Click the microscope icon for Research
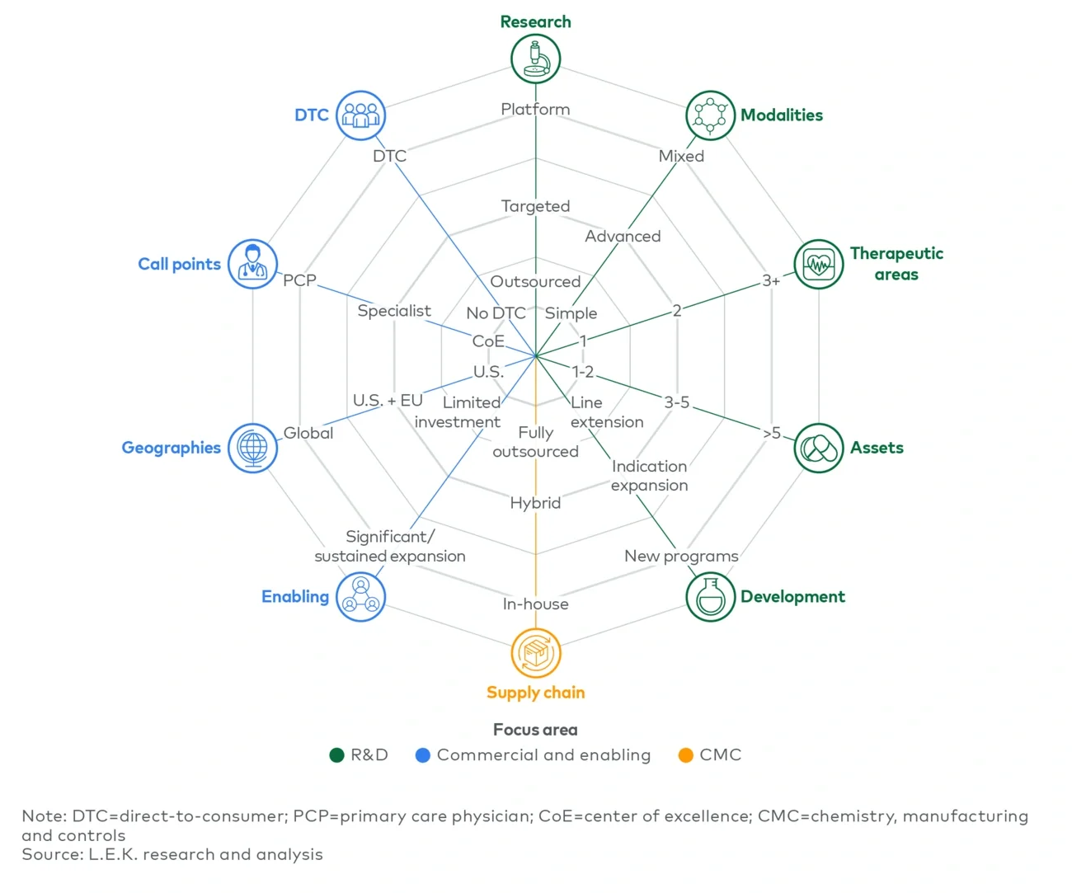click(535, 59)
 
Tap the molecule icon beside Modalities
click(710, 115)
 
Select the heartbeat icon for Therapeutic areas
click(818, 265)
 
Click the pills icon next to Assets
click(818, 448)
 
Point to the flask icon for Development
click(710, 597)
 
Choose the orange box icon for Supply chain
click(535, 653)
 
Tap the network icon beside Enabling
click(361, 597)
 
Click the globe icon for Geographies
click(252, 448)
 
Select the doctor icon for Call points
click(252, 265)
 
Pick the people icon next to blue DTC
click(361, 115)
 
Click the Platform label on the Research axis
click(535, 109)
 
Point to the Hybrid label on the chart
click(535, 503)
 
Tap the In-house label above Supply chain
click(535, 604)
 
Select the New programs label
click(681, 556)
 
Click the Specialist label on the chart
click(394, 311)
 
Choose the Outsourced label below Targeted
click(535, 282)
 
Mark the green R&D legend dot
click(336, 755)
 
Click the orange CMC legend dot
click(685, 755)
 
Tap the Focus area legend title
click(535, 730)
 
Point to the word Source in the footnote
click(51, 854)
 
